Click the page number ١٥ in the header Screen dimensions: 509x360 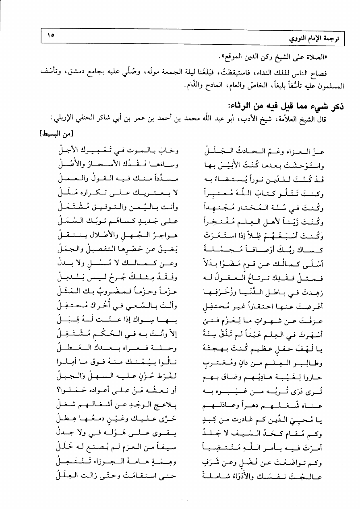51,35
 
